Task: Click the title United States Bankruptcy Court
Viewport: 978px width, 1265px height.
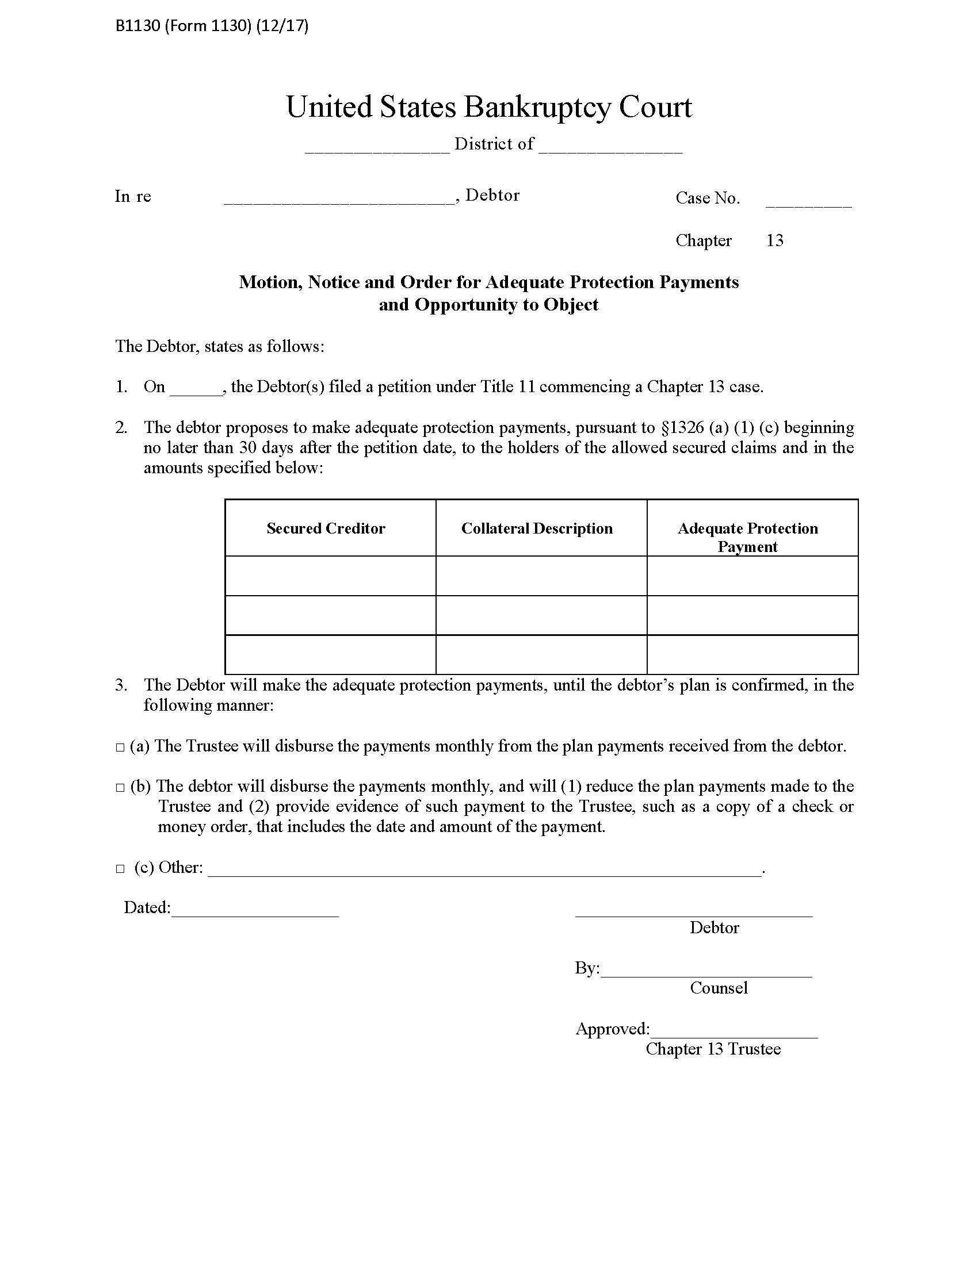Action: tap(488, 107)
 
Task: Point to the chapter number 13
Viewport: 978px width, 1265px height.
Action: tap(775, 240)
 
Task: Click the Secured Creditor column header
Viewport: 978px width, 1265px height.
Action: tap(326, 528)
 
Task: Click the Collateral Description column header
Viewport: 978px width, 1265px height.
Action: tap(537, 528)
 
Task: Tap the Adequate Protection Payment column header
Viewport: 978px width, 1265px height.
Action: tap(747, 537)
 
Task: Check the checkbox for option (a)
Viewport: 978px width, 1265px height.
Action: tap(120, 747)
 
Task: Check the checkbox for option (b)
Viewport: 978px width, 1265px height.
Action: tap(120, 788)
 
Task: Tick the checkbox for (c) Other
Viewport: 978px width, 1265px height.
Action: tap(120, 869)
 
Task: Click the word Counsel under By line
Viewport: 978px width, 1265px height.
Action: tap(719, 988)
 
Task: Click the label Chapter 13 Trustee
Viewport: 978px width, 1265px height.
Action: tap(713, 1049)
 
